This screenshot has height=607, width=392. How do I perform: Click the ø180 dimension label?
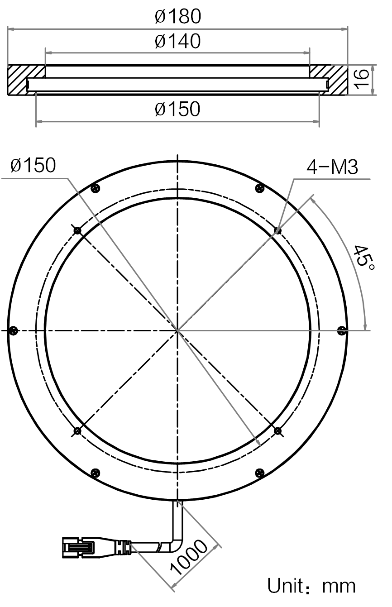(178, 16)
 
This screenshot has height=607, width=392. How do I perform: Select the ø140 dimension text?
(178, 41)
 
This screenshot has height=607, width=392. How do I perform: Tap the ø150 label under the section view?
(177, 109)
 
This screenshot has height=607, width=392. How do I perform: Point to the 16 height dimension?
(362, 80)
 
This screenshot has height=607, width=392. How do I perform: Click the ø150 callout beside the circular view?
(33, 165)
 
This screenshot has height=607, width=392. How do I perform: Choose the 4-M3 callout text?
(332, 167)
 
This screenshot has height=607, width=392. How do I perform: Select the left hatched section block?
(26, 80)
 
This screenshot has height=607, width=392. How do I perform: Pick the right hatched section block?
(328, 80)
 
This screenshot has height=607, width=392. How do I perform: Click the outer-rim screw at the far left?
(13, 330)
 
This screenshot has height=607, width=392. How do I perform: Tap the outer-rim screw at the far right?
(342, 330)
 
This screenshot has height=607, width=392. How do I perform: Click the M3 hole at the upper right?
(277, 230)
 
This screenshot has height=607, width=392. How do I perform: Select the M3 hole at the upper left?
(77, 230)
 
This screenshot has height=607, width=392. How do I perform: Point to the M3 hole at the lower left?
(77, 430)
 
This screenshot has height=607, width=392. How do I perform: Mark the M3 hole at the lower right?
(277, 430)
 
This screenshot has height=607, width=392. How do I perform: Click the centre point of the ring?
(177, 330)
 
